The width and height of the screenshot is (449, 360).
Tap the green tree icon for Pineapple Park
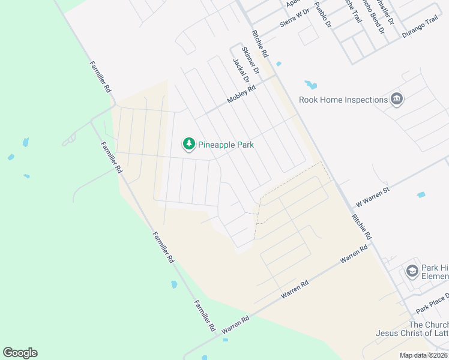[189, 144]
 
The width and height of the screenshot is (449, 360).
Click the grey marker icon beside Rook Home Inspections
[396, 99]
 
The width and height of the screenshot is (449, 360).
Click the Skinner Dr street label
[250, 60]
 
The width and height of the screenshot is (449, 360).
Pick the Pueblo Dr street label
[325, 14]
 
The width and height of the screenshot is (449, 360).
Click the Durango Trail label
[420, 28]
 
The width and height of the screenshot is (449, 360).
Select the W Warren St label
[373, 194]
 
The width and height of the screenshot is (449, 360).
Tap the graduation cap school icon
[412, 272]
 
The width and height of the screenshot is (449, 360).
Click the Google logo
[20, 353]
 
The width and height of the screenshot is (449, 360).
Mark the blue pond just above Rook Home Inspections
[310, 85]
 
